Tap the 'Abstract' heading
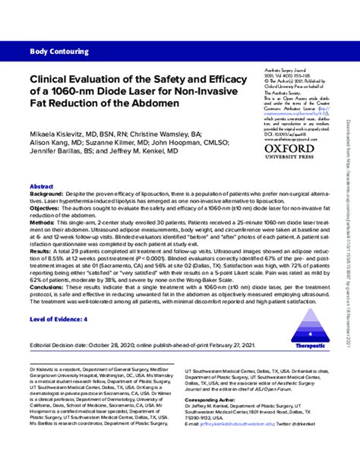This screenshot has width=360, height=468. click(41, 186)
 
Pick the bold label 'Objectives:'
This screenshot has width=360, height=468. click(45, 208)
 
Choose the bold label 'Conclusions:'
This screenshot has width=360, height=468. click(49, 286)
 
